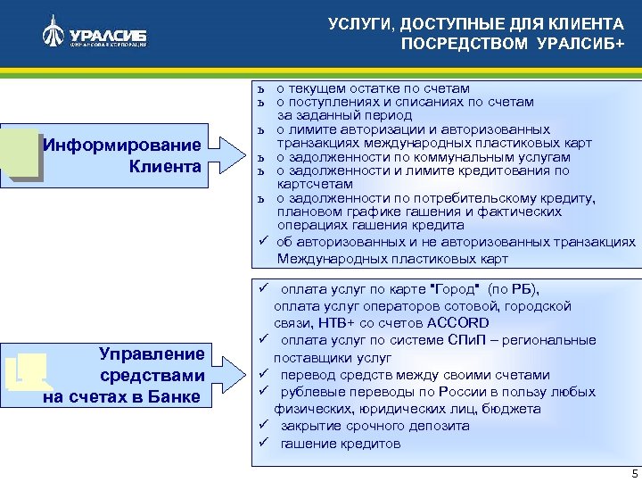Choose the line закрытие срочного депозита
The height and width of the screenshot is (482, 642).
tap(374, 426)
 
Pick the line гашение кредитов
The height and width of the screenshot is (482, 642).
tap(341, 444)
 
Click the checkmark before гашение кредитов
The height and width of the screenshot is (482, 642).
tap(264, 444)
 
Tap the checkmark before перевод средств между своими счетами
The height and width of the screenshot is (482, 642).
tap(264, 374)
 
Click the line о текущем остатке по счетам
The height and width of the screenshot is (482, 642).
tap(373, 88)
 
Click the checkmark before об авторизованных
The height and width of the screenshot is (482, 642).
tap(264, 241)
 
